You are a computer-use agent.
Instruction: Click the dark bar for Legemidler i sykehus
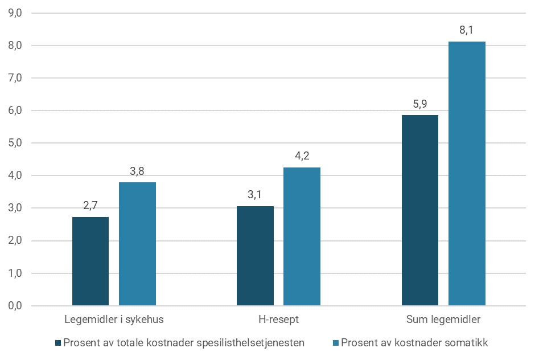click(x=90, y=261)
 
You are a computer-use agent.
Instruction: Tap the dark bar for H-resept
click(x=255, y=256)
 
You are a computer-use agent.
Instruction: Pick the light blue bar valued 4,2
click(x=302, y=236)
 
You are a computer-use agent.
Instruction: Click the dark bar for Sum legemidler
click(x=419, y=210)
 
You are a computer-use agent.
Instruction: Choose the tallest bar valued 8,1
click(x=467, y=174)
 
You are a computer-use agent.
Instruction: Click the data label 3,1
click(x=255, y=195)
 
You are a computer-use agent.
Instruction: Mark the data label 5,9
click(x=419, y=104)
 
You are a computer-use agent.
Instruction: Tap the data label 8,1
click(x=467, y=31)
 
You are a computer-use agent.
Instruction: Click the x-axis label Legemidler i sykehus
click(x=114, y=320)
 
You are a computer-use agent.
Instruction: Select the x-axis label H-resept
click(x=278, y=320)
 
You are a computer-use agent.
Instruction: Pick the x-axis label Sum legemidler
click(x=443, y=320)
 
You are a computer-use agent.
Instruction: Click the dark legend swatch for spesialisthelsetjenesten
click(x=58, y=343)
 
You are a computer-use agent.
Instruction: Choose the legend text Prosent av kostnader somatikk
click(x=414, y=343)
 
